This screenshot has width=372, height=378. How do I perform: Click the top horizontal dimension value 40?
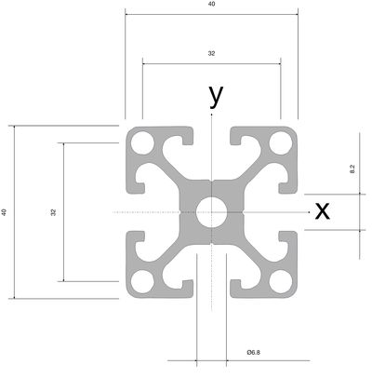pyautogui.click(x=211, y=4)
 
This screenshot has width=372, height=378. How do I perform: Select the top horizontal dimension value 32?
pyautogui.click(x=211, y=53)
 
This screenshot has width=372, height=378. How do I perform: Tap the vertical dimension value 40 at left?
pyautogui.click(x=4, y=212)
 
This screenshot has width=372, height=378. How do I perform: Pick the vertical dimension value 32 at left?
pyautogui.click(x=53, y=212)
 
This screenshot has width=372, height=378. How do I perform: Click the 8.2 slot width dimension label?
pyautogui.click(x=352, y=169)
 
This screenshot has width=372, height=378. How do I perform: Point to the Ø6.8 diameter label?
pyautogui.click(x=254, y=352)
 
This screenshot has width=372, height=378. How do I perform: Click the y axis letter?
pyautogui.click(x=216, y=96)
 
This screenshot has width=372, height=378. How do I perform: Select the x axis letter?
pyautogui.click(x=323, y=211)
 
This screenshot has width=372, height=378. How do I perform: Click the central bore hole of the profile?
pyautogui.click(x=212, y=212)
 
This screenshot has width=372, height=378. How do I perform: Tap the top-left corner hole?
pyautogui.click(x=142, y=143)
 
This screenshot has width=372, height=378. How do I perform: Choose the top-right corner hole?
pyautogui.click(x=281, y=143)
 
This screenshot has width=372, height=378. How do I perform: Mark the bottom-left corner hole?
pyautogui.click(x=142, y=282)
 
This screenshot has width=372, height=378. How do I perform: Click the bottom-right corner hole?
pyautogui.click(x=281, y=282)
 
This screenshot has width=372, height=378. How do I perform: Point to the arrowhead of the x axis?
pyautogui.click(x=309, y=212)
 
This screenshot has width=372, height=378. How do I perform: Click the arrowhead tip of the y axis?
pyautogui.click(x=212, y=115)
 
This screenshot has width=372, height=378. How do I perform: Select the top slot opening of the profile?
pyautogui.click(x=212, y=136)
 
